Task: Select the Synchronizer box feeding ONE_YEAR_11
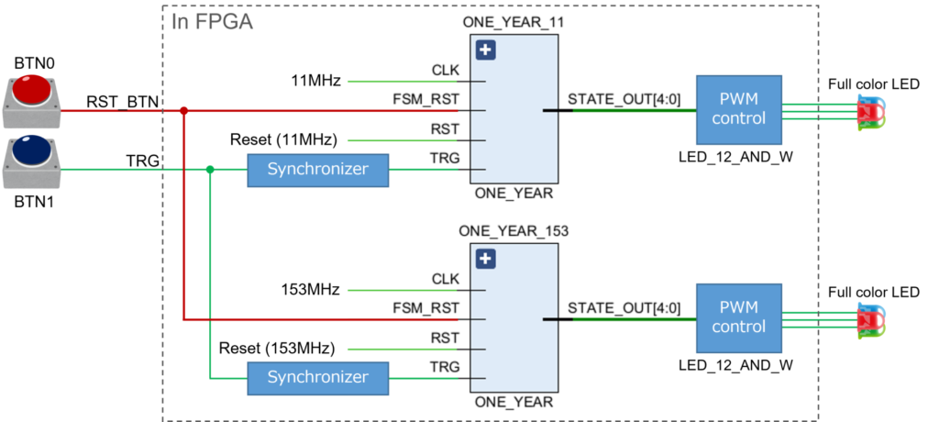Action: tap(318, 170)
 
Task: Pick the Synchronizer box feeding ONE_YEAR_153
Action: tap(318, 378)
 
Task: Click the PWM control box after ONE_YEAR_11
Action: tap(739, 110)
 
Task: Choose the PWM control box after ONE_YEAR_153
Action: tap(739, 317)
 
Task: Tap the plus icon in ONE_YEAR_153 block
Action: tap(486, 260)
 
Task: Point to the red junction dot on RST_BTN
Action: tap(184, 111)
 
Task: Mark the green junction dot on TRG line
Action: tap(210, 170)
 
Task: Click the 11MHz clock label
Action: tap(316, 81)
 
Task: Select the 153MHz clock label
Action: tap(310, 290)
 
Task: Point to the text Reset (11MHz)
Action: tap(284, 140)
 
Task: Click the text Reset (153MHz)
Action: tap(277, 349)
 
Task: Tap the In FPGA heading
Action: tap(212, 22)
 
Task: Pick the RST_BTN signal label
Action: tap(121, 103)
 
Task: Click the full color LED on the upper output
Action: tap(871, 112)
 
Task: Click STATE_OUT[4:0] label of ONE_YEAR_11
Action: tap(624, 99)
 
